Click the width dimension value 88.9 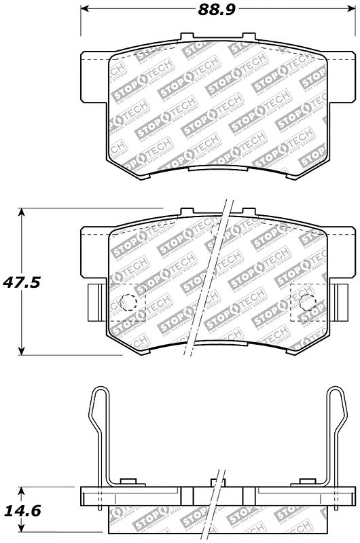(x=213, y=11)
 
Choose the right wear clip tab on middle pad (x=336, y=301)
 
